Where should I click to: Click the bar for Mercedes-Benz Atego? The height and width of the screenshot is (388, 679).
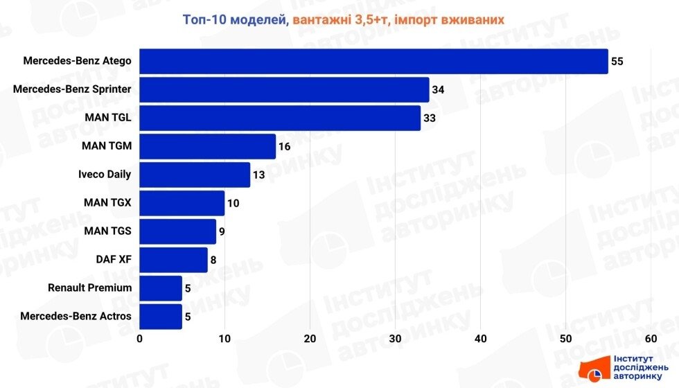click(373, 61)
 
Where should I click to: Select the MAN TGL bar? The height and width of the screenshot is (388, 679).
click(280, 118)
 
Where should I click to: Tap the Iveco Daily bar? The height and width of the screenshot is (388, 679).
click(195, 175)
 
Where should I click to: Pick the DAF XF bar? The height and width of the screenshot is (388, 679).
click(173, 260)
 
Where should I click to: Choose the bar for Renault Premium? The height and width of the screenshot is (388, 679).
click(161, 288)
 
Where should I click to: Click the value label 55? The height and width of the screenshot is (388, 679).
click(617, 62)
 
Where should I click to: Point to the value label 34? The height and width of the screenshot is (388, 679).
click(438, 90)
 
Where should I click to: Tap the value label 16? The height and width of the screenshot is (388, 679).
click(284, 147)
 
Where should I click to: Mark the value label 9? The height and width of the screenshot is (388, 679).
click(222, 231)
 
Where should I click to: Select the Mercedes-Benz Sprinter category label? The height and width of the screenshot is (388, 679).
click(72, 89)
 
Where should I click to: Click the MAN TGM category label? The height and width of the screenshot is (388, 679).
click(106, 146)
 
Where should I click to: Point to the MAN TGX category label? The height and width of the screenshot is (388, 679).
click(107, 203)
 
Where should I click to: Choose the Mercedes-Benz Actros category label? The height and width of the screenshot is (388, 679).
click(76, 317)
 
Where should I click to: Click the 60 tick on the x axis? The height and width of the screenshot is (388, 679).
click(651, 339)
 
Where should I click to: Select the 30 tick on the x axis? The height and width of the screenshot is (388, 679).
click(395, 339)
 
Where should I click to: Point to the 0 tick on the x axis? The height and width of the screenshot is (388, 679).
click(140, 339)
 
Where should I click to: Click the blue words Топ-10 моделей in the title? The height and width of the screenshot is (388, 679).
click(234, 19)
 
